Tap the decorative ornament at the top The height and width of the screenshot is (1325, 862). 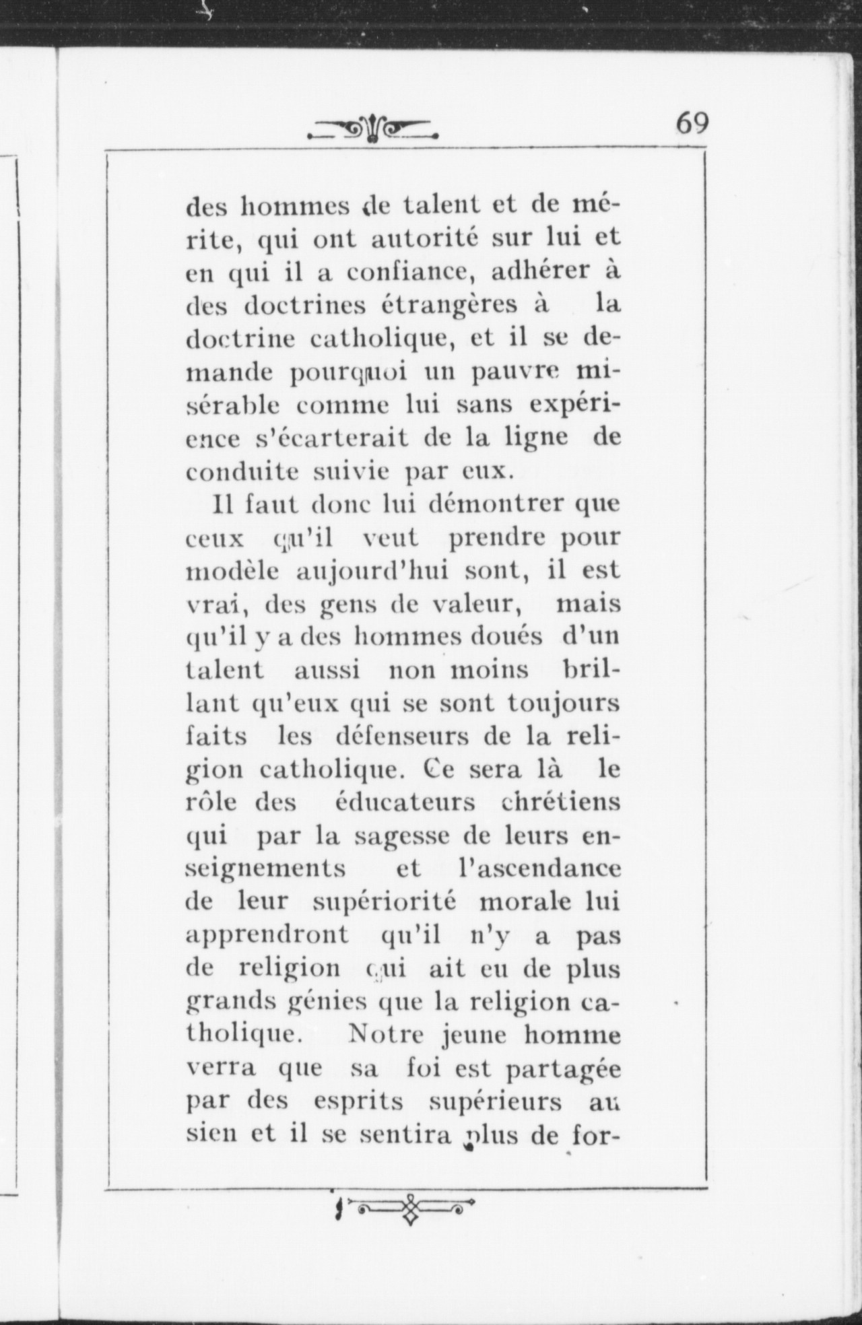[x=372, y=129]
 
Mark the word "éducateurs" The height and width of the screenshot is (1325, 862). [x=404, y=803]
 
